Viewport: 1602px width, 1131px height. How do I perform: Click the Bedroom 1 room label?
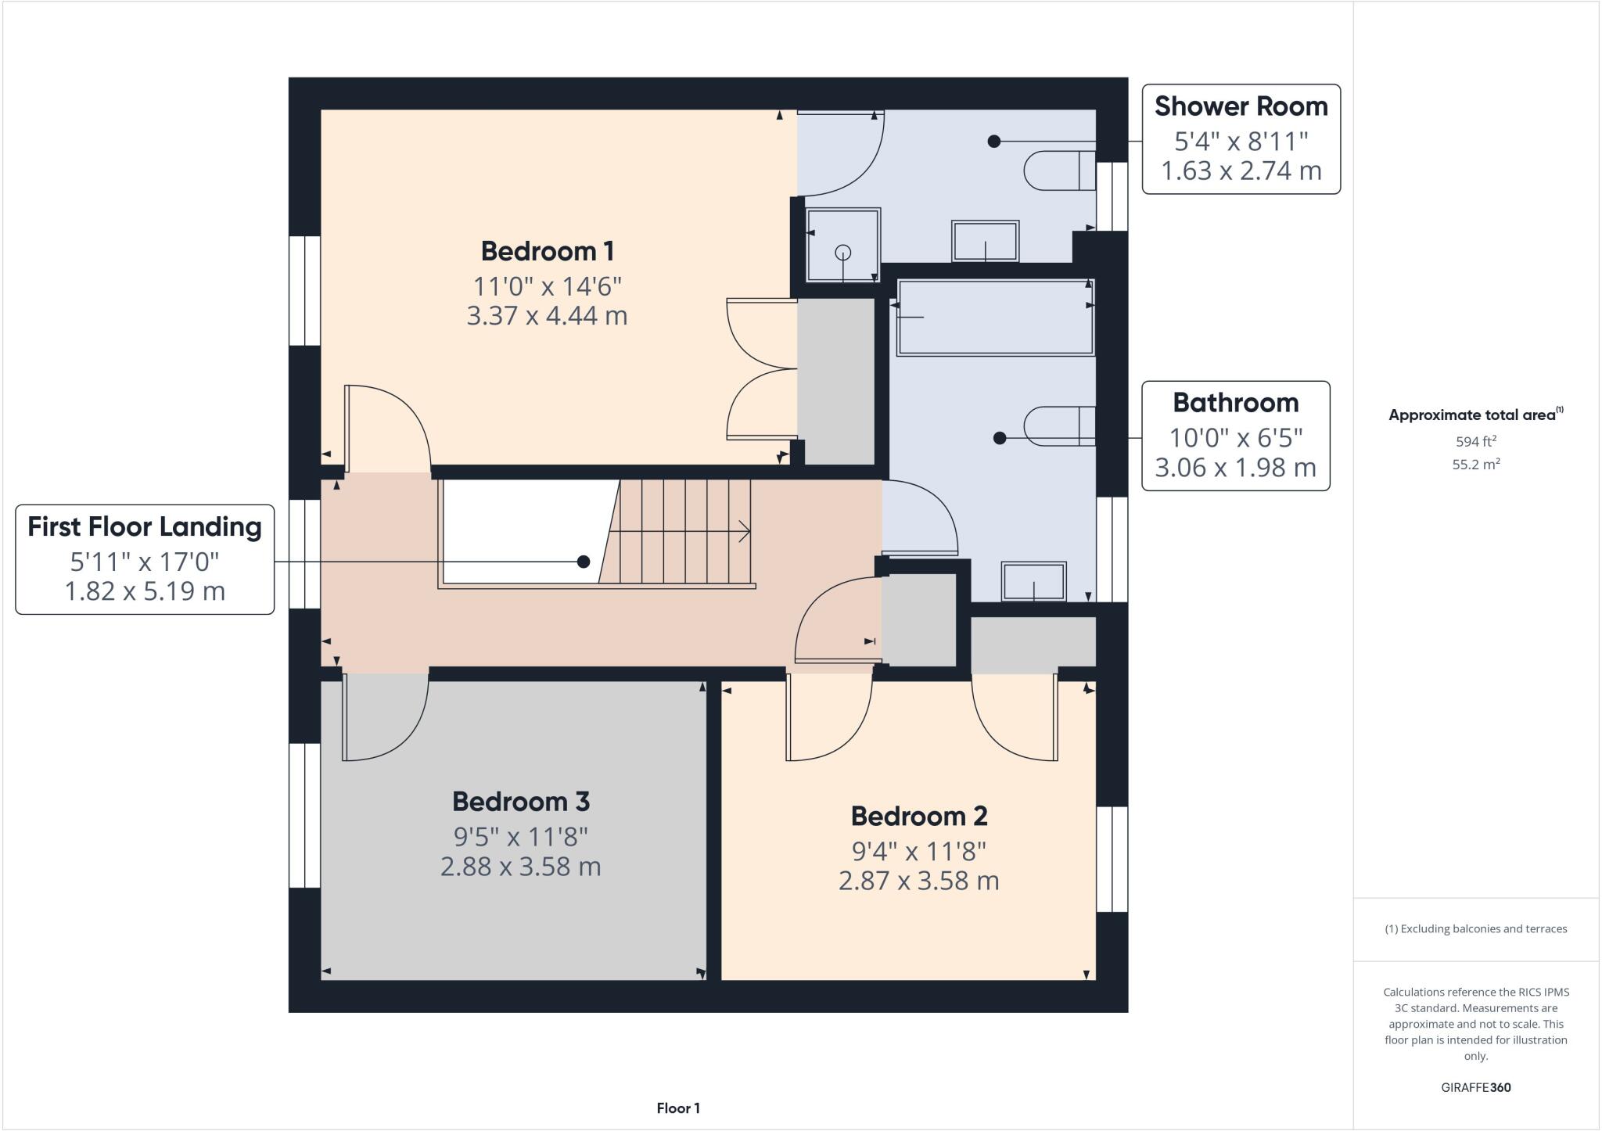coord(547,251)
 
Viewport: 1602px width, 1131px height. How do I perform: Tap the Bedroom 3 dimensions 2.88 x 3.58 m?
coord(520,867)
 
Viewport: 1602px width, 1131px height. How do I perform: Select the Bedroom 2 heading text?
coord(918,816)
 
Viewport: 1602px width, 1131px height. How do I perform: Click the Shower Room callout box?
coord(1241,139)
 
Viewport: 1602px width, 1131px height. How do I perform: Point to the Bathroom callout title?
coord(1235,403)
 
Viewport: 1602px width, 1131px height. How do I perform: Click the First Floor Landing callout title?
coord(145,526)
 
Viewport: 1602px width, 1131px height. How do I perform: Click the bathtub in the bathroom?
coord(995,318)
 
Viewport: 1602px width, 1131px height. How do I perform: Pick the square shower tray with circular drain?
coord(843,244)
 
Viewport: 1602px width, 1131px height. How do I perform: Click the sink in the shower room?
coord(985,241)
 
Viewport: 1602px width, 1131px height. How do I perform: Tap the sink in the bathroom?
coord(1033,581)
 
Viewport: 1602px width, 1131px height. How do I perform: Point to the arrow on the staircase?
coord(743,532)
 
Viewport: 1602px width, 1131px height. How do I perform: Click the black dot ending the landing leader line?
coord(583,562)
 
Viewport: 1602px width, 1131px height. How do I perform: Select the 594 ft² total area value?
coord(1475,441)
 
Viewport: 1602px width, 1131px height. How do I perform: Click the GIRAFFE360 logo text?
coord(1475,1087)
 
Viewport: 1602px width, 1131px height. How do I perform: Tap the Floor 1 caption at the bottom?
coord(678,1108)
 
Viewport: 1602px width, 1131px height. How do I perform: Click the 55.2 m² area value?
coord(1475,464)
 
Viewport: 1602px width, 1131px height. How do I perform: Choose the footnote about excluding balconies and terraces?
coord(1475,929)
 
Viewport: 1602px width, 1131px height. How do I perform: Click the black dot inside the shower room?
coord(993,142)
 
